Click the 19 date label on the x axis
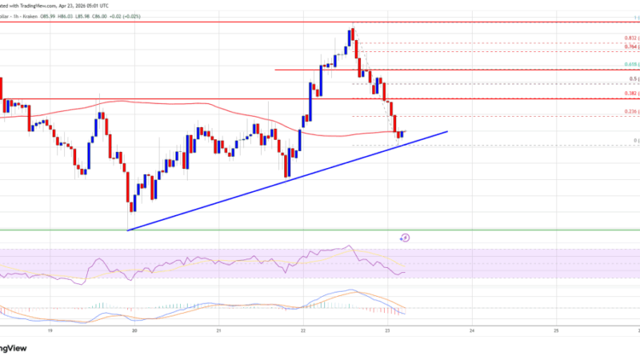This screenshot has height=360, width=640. [50, 330]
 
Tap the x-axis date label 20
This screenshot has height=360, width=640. [134, 330]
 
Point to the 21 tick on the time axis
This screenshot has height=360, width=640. [218, 330]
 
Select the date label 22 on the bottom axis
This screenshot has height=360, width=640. [303, 330]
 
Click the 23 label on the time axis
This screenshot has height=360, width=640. [388, 330]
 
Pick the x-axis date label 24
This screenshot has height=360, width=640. [472, 330]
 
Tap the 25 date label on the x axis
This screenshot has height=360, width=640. [557, 330]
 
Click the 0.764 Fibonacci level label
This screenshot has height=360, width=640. [631, 47]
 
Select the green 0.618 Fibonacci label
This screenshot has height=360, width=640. [631, 64]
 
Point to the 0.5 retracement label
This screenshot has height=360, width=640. [634, 78]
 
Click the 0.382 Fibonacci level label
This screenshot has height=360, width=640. [631, 93]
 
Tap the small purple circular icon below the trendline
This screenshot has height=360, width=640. [405, 237]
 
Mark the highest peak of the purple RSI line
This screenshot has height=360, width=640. [348, 246]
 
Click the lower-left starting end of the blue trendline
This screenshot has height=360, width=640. [128, 230]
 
